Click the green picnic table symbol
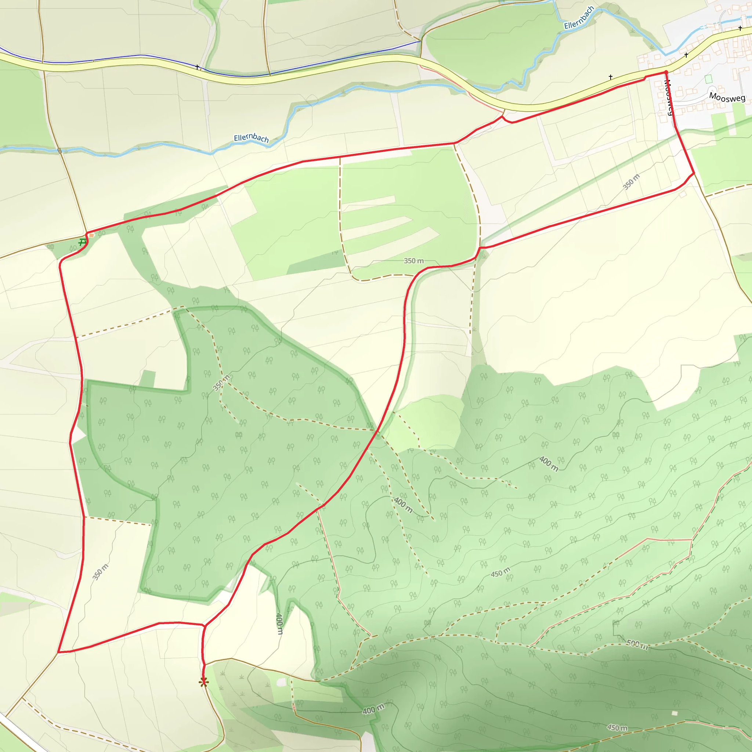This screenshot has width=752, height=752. point(82,242)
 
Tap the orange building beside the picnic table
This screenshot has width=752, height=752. point(91,235)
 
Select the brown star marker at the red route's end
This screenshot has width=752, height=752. point(203,681)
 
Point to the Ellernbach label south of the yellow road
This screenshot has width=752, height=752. point(251,138)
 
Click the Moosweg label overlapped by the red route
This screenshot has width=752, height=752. point(668,97)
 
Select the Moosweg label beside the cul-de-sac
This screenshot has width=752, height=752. point(727,97)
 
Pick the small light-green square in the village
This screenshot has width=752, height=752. point(708,79)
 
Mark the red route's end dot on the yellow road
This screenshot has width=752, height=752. point(666,72)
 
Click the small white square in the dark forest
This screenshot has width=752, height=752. point(675,713)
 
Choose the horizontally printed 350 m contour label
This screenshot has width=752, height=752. point(413,261)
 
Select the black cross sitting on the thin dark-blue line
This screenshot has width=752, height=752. point(197,67)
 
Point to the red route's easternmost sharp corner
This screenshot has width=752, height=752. point(694,173)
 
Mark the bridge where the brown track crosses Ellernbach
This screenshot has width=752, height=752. point(59,151)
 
